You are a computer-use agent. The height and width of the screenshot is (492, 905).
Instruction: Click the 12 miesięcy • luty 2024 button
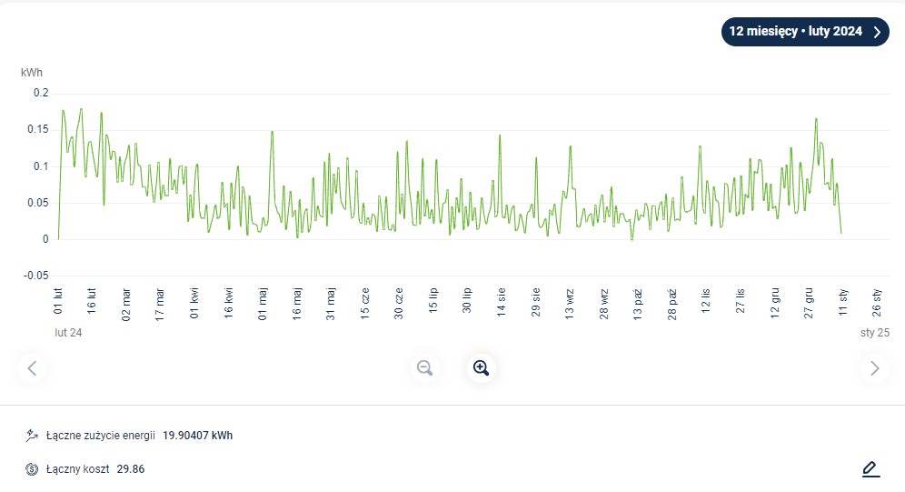click(804, 32)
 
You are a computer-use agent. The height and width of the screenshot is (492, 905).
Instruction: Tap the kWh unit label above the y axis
click(32, 72)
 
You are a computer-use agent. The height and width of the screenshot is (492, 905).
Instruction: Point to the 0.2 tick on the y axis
click(40, 93)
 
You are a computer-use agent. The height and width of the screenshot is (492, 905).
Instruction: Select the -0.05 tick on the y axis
click(35, 276)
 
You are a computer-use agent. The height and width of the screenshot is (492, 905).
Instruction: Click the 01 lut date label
click(58, 301)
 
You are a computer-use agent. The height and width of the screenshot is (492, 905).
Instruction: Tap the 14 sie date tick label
click(502, 301)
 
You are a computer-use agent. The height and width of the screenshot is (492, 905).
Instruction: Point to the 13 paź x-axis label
click(638, 301)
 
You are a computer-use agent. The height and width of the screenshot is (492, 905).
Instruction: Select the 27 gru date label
click(809, 301)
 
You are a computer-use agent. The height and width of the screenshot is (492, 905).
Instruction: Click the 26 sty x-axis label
click(877, 301)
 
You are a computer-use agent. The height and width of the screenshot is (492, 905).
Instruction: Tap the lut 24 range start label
click(68, 333)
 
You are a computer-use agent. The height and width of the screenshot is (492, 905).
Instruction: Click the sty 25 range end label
click(874, 333)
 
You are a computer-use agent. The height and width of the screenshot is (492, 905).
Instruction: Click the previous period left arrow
click(33, 367)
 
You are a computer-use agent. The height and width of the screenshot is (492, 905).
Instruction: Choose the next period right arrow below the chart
click(874, 367)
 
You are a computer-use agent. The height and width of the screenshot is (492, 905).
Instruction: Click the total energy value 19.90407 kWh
click(197, 436)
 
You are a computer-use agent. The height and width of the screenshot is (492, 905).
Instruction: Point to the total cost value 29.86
click(131, 469)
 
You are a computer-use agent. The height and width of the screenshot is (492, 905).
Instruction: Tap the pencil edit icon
click(870, 469)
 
